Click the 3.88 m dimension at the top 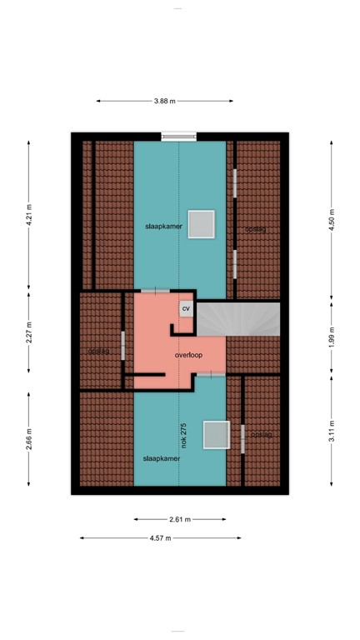coord(163,101)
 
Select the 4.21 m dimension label coord(29,216)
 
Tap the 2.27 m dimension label coord(29,331)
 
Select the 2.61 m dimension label coord(180,518)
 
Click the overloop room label coord(189,355)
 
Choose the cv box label coord(186,308)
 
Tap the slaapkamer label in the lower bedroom coord(161,458)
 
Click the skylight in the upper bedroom coord(201,225)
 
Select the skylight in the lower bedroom coord(216,434)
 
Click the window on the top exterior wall coord(178,136)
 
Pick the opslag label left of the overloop coord(99,351)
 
